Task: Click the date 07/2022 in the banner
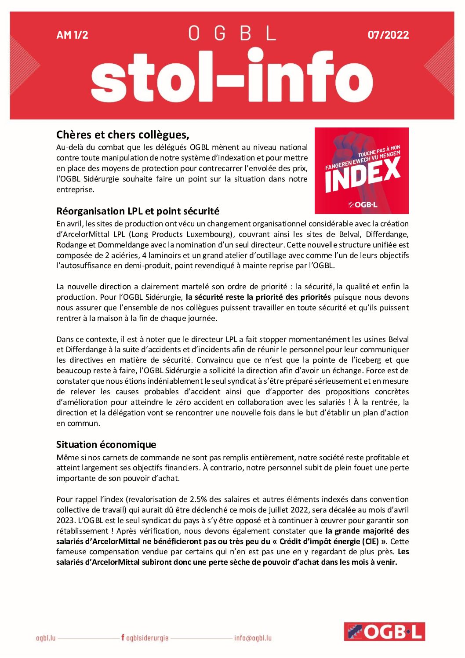click(388, 35)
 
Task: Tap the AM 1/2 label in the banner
click(72, 35)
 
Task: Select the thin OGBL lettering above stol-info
click(232, 33)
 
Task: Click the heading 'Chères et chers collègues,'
click(123, 135)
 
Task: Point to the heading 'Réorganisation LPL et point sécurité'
click(138, 211)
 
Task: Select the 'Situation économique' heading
click(106, 444)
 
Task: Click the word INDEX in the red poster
click(362, 174)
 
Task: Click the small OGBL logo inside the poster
click(363, 204)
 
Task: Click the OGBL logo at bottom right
click(384, 632)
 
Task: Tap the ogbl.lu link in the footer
click(46, 638)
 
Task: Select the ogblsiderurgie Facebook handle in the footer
click(145, 638)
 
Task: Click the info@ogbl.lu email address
click(253, 638)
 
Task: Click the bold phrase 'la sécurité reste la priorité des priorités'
click(258, 297)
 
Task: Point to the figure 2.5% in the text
click(198, 499)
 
